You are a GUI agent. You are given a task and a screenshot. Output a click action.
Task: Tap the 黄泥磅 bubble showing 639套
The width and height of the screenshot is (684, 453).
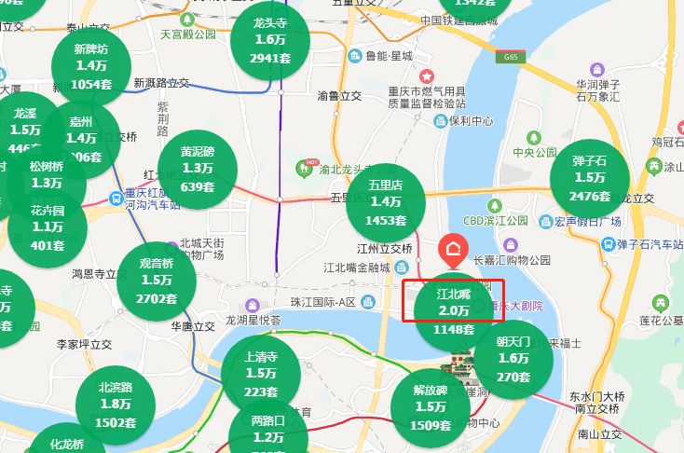pos(198,169)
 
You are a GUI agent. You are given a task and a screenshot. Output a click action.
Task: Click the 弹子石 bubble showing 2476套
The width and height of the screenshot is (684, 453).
pos(590,178)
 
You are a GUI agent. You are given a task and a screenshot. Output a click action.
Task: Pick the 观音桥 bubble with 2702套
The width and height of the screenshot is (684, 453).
pos(157,280)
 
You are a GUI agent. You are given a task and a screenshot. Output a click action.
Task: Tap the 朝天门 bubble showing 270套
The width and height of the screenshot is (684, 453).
pos(513,359)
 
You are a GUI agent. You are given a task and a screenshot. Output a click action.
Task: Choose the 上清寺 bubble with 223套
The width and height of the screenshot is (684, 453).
pos(260,373)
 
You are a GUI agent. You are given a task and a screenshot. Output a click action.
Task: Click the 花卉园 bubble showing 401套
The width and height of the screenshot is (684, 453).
pos(48,227)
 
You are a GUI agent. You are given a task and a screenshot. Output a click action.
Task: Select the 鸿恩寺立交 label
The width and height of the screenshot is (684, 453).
pos(100,275)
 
